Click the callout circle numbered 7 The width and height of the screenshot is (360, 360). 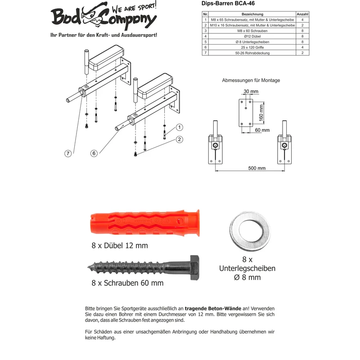point(68,153)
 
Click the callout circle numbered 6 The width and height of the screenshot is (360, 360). point(94,153)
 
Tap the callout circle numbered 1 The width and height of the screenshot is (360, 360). point(179,127)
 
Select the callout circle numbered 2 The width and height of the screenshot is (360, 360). point(179,139)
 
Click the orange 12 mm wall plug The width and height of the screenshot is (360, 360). point(145,223)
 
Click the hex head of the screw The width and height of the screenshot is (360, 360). point(194,267)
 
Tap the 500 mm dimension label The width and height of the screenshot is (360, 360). point(256,168)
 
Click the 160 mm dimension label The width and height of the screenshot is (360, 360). point(261,113)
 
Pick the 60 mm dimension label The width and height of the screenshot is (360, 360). point(262,130)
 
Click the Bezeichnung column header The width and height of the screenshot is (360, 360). point(252,14)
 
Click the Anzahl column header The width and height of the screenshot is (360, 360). point(302,14)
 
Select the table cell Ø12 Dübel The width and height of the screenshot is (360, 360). point(252,36)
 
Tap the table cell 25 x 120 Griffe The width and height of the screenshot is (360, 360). point(252,47)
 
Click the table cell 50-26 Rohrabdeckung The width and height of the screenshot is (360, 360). point(252,53)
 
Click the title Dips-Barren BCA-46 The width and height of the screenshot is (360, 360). point(228,4)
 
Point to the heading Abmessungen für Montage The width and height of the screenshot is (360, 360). point(251,81)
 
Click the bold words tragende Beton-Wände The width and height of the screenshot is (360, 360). point(213,309)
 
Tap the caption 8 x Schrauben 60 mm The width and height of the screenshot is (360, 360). point(127,283)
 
